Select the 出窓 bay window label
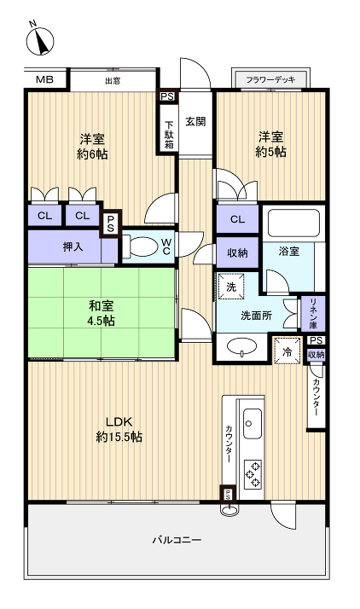113,81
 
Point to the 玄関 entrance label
195,121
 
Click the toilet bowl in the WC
142,247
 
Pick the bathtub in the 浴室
293,223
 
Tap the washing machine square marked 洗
230,287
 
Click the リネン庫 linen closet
313,313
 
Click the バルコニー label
177,541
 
